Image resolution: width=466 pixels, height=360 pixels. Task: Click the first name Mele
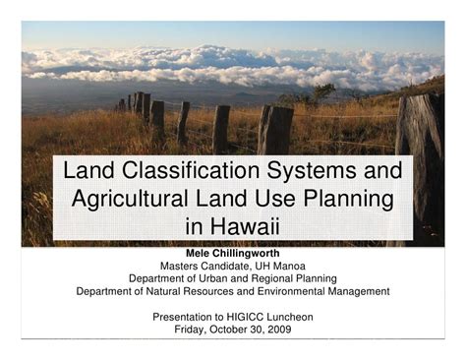(201, 253)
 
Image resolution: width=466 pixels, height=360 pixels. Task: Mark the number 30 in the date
(258, 330)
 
